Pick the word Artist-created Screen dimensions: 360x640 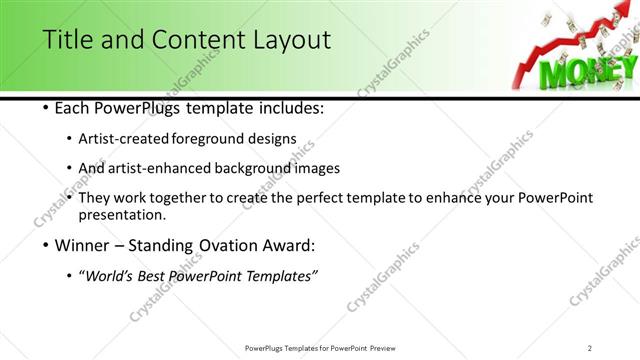pyautogui.click(x=139, y=138)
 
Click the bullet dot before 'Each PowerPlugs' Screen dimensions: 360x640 pyautogui.click(x=46, y=107)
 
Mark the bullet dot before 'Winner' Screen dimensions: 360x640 pyautogui.click(x=46, y=246)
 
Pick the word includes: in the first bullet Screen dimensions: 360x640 pyautogui.click(x=290, y=107)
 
